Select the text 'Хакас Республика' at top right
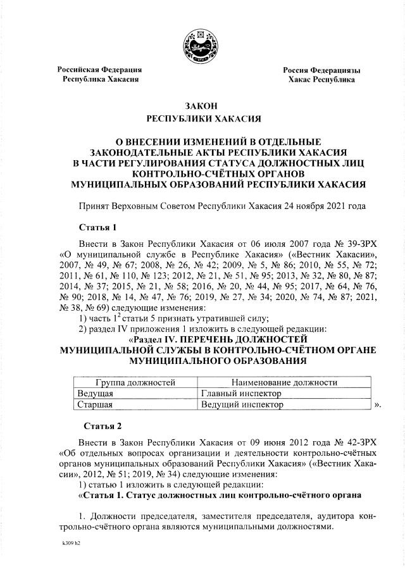[321, 80]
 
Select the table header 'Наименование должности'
[284, 382]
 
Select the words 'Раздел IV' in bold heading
[160, 339]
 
